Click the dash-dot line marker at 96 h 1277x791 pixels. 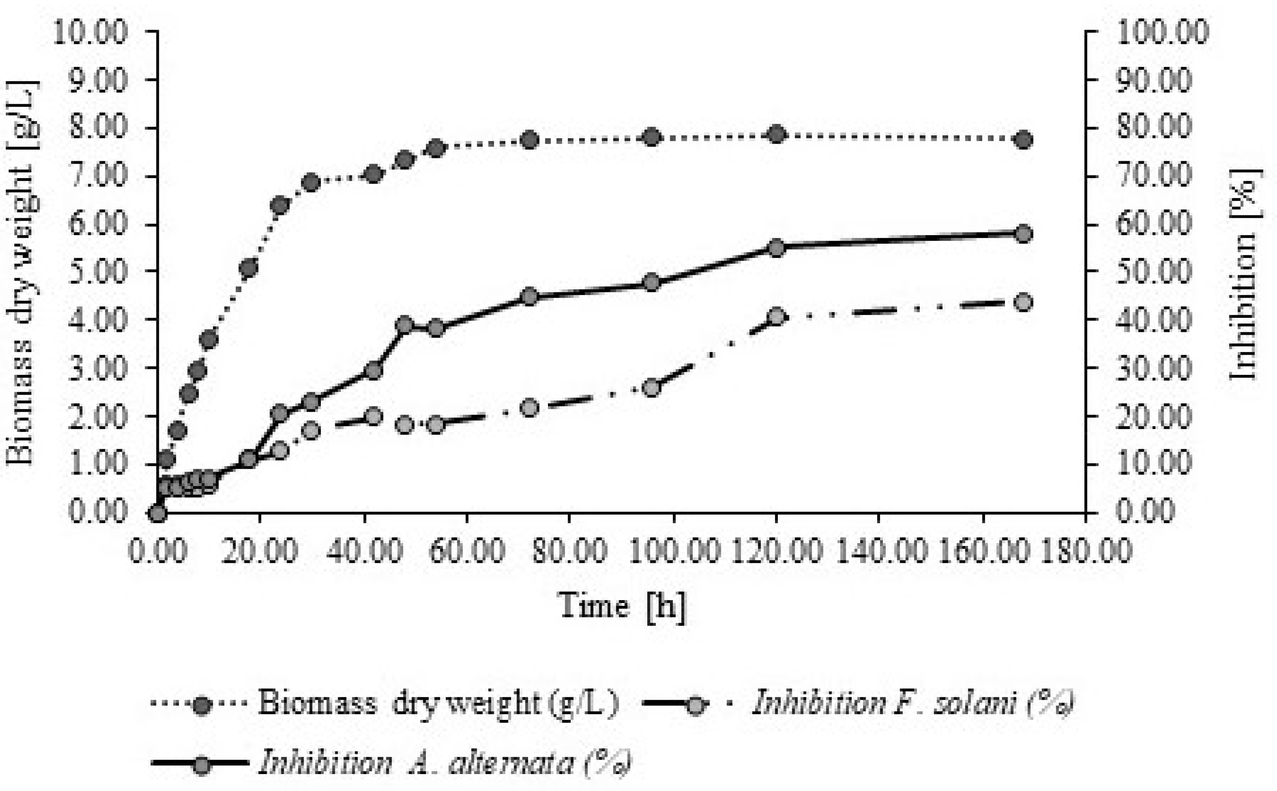(x=652, y=388)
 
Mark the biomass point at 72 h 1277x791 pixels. (x=530, y=140)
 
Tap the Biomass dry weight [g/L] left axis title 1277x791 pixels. (x=21, y=273)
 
